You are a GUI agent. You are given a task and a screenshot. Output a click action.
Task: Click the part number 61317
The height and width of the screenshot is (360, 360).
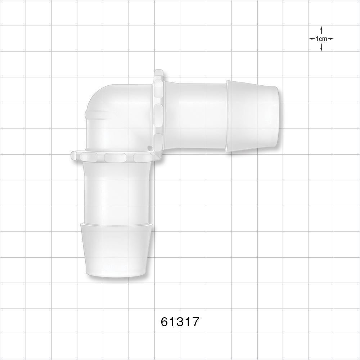point(180,321)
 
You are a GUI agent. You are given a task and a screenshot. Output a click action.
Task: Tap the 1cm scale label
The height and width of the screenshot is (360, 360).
point(321,39)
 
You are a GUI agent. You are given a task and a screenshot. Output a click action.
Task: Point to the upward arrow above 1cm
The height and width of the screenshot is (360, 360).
point(321,31)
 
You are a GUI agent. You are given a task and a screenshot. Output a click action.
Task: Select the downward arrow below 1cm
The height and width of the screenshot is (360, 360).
point(321,47)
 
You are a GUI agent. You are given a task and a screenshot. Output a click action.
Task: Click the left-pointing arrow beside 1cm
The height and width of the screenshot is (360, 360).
point(312,39)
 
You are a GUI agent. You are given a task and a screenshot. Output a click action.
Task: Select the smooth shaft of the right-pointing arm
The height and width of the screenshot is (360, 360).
point(196,115)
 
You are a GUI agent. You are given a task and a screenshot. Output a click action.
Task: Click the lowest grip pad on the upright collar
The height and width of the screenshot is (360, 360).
point(158,140)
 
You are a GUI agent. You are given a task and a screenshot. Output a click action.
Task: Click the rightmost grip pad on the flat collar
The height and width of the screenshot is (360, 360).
point(140,157)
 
